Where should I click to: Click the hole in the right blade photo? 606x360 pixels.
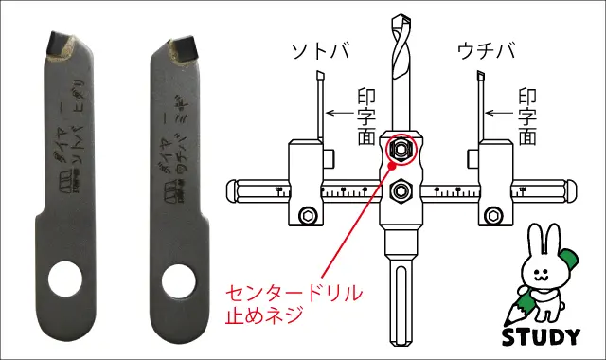coord(177,279)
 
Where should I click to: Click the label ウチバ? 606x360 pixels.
coord(484,48)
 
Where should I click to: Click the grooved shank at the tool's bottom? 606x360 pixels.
coord(401,303)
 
